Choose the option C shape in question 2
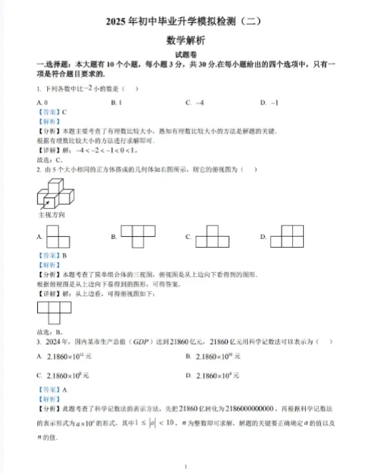tap(212, 236)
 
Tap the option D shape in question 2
tap(290, 236)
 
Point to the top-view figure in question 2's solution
tap(54, 312)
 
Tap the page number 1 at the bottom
tap(184, 466)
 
